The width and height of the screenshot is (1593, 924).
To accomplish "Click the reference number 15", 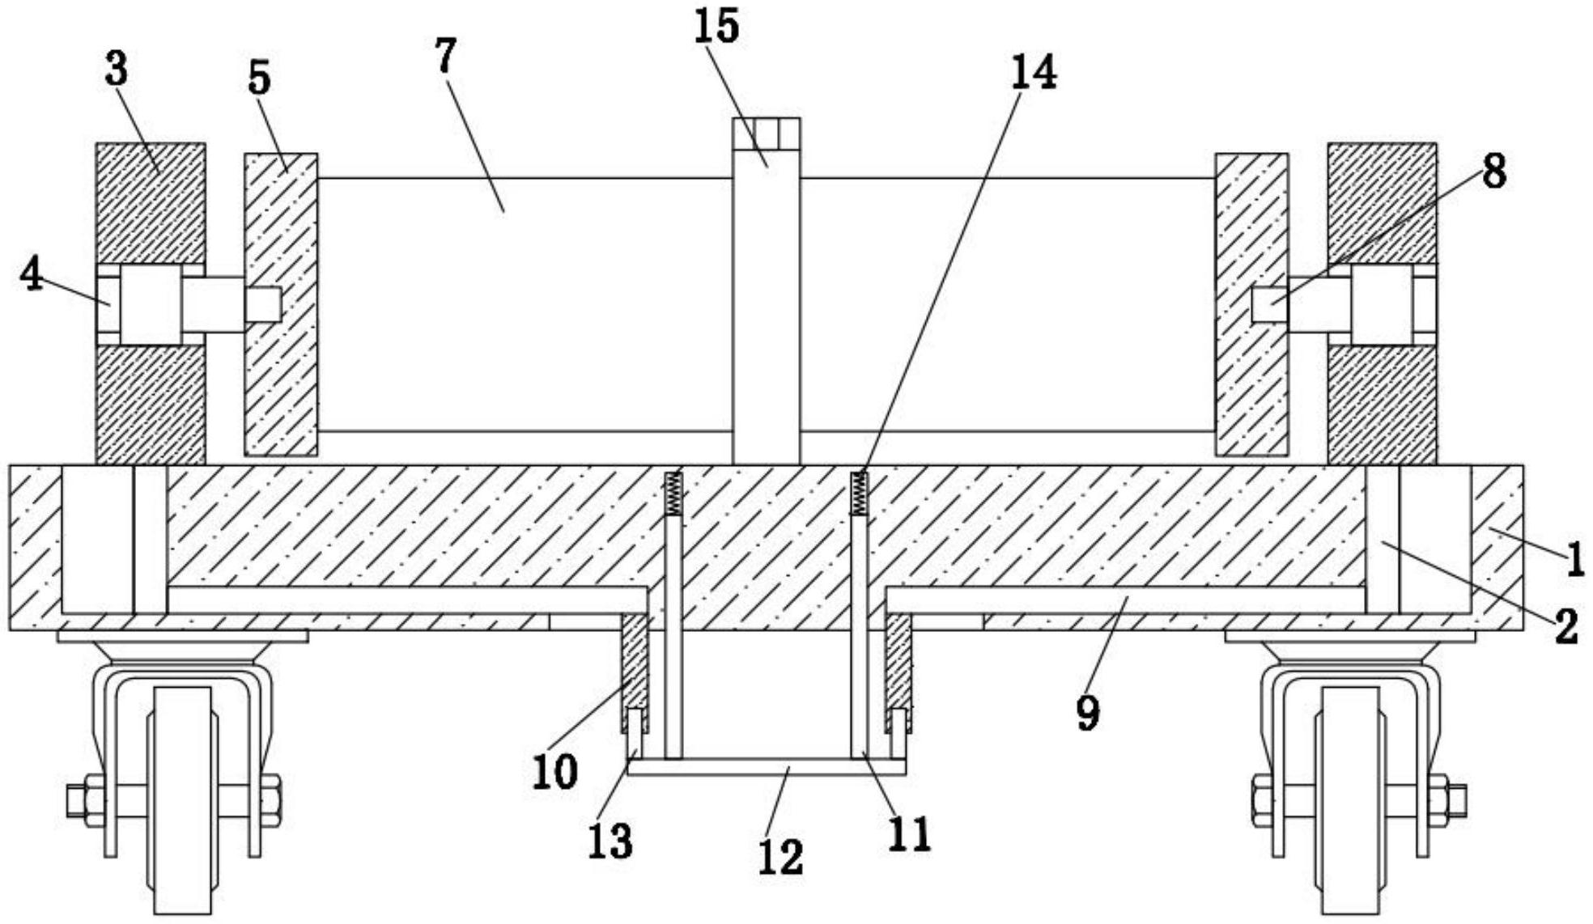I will [x=716, y=28].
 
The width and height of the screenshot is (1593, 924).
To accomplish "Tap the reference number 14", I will [x=1033, y=74].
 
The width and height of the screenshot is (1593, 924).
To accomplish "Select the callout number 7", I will [x=446, y=56].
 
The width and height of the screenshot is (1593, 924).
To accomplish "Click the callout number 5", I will [x=259, y=79].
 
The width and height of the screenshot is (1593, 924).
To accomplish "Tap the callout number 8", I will [x=1493, y=172].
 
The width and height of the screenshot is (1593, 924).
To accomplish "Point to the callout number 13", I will [x=610, y=841].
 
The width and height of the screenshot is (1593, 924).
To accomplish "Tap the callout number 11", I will [x=910, y=834].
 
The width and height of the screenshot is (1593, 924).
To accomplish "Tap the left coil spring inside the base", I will [x=673, y=494].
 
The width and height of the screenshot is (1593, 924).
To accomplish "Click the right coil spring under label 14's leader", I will [x=858, y=494].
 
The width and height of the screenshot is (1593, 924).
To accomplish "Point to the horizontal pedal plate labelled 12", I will [x=766, y=767].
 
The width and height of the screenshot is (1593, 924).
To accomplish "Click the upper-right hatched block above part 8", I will [x=1382, y=202].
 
